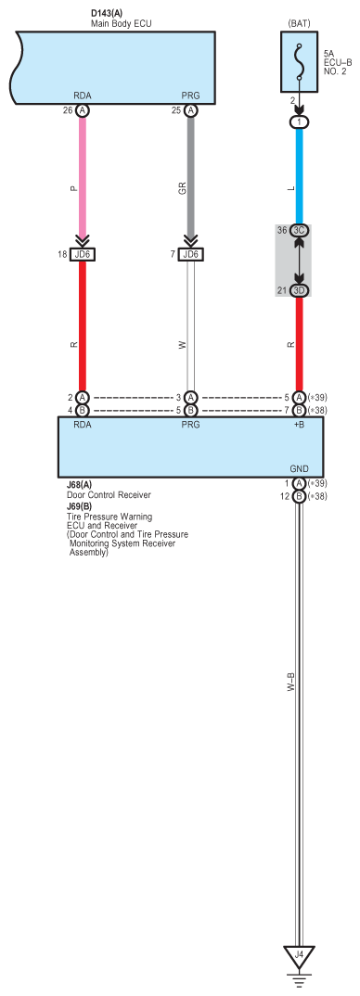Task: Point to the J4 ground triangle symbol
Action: (x=299, y=954)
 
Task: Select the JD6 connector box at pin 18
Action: (x=83, y=254)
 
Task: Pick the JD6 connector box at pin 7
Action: (x=191, y=254)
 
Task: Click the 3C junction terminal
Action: (x=299, y=230)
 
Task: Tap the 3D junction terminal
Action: (x=299, y=291)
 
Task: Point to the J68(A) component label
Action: (x=79, y=485)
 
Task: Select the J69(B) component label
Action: (x=79, y=506)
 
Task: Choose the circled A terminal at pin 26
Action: (x=83, y=109)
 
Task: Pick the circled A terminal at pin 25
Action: (x=191, y=109)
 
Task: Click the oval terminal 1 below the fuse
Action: (x=299, y=121)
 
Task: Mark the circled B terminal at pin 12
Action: (x=299, y=496)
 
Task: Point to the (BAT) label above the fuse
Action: (x=299, y=20)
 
